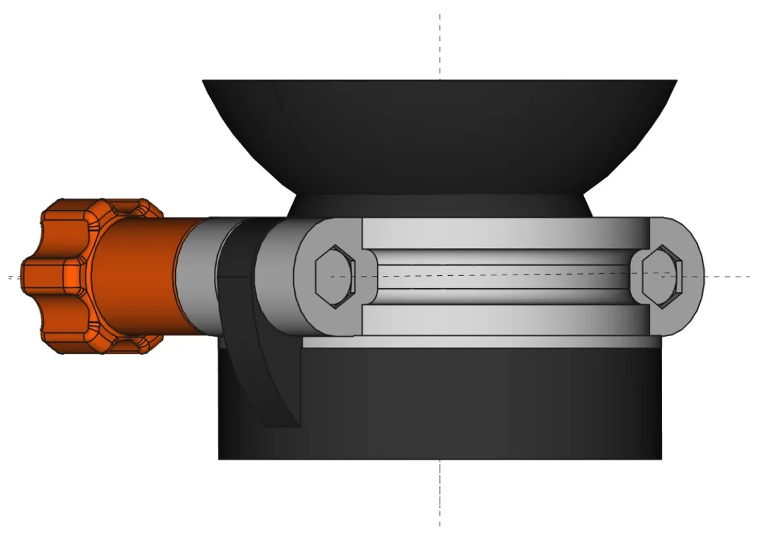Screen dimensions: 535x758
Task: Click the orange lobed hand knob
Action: [x=58, y=277]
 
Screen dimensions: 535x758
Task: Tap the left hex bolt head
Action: [x=334, y=277]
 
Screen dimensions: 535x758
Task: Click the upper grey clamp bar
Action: [x=506, y=234]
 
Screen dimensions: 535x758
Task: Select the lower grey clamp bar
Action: [x=506, y=320]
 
